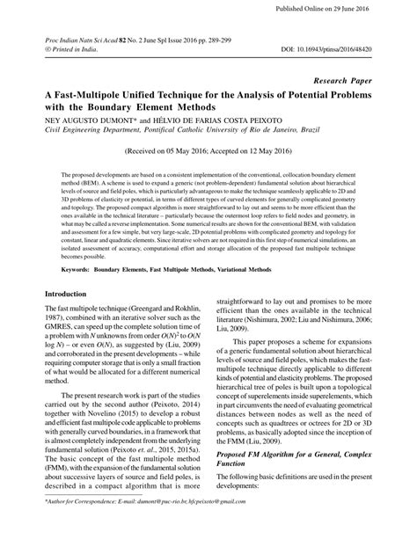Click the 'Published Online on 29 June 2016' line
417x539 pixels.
click(348, 9)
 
